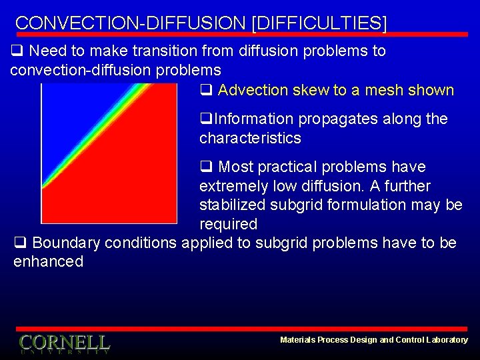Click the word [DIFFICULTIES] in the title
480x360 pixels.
pos(319,23)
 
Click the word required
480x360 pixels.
pos(228,224)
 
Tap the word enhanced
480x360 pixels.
pos(48,261)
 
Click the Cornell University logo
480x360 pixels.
pos(64,343)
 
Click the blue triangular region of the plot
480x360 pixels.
pos(67,113)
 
